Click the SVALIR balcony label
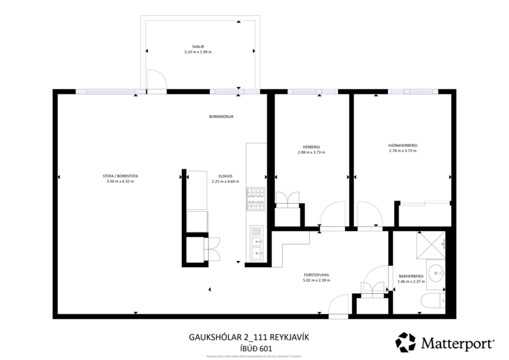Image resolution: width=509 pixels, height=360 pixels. [x=197, y=46]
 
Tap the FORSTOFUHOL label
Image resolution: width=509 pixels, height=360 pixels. [x=316, y=275]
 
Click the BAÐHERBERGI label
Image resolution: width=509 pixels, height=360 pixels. [x=411, y=276]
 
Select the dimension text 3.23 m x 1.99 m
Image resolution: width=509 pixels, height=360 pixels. [x=197, y=52]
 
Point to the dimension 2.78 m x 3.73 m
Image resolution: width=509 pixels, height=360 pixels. [x=403, y=152]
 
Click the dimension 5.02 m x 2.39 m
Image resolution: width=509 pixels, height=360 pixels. [x=316, y=280]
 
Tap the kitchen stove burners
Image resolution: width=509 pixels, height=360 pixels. [x=256, y=199]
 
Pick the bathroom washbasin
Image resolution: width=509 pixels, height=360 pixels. [x=436, y=271]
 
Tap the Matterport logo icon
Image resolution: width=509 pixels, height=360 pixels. [x=406, y=342]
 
